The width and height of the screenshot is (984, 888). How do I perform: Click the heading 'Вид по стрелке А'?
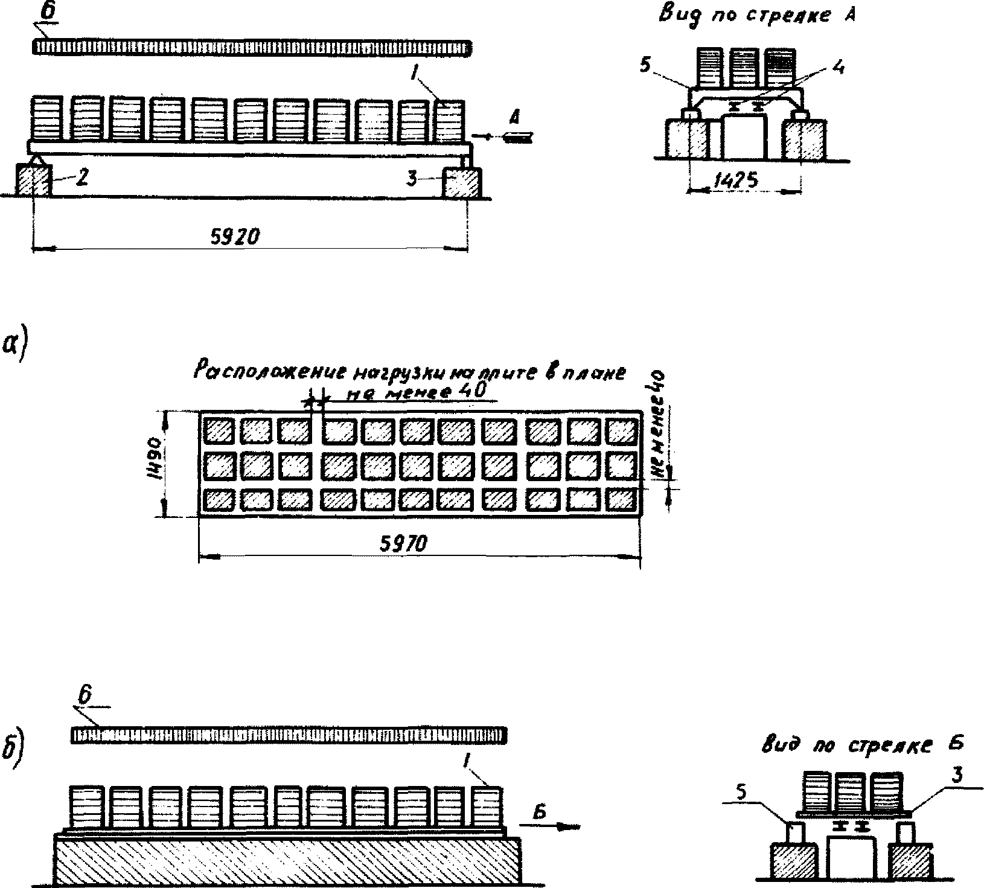pyautogui.click(x=757, y=16)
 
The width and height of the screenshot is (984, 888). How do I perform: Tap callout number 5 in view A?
pyautogui.click(x=646, y=65)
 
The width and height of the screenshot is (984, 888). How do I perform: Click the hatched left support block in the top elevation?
pyautogui.click(x=33, y=180)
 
